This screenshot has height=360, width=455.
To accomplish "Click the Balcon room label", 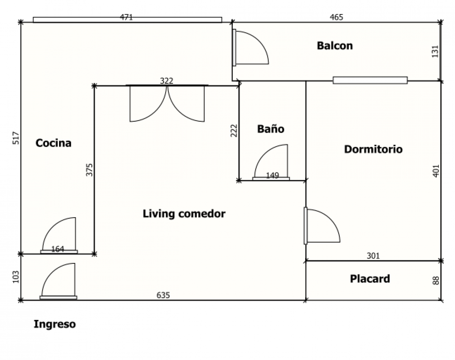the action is (x=335, y=45).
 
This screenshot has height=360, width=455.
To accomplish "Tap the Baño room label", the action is (x=271, y=128).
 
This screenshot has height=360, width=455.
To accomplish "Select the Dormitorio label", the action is (x=373, y=149).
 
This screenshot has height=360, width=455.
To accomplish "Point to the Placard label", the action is (x=370, y=279).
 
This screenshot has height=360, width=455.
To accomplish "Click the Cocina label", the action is (x=53, y=143).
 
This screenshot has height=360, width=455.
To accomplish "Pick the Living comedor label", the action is (x=184, y=214).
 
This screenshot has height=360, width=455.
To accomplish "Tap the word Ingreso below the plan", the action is (x=55, y=324).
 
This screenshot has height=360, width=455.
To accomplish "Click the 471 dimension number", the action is (x=126, y=17).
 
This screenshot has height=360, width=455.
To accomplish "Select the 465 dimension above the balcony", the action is (x=336, y=17).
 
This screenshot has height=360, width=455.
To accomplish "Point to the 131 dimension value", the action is (x=435, y=51).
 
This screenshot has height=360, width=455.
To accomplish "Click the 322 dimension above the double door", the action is (x=166, y=81).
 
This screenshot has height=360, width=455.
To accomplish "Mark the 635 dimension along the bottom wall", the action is (x=163, y=295).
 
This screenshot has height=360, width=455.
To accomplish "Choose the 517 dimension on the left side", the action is (x=16, y=138).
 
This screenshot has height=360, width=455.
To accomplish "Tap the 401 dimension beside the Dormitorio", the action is (x=436, y=171).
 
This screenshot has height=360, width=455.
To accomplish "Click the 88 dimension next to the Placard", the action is (x=436, y=280).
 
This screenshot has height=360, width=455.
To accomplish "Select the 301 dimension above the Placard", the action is (x=373, y=256).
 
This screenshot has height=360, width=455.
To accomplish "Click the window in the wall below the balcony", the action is (x=370, y=80).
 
